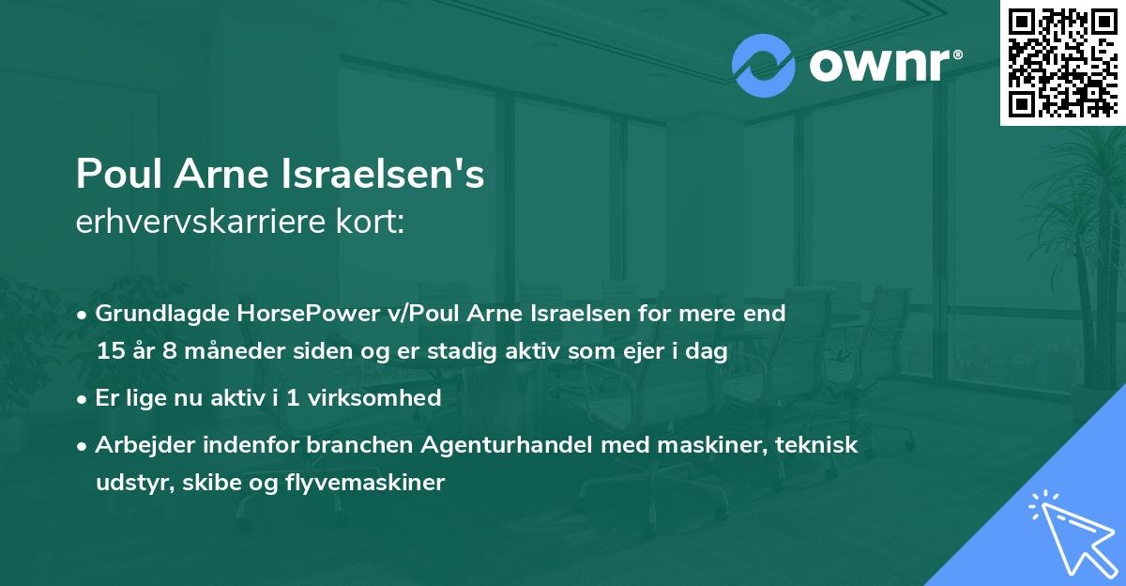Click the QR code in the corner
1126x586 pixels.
1062,63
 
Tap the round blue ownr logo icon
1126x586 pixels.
764,66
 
